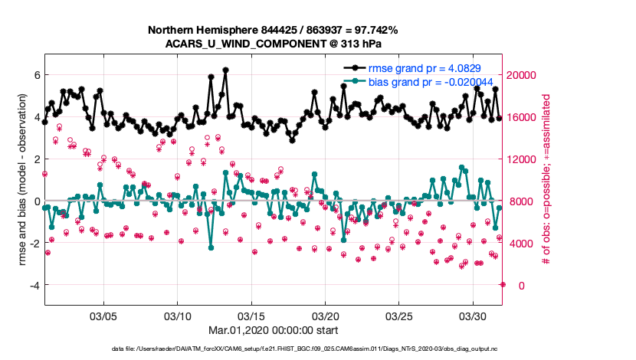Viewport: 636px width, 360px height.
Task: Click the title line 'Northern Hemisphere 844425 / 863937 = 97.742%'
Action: pyautogui.click(x=274, y=29)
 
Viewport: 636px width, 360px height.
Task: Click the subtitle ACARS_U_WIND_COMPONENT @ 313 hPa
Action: pyautogui.click(x=274, y=43)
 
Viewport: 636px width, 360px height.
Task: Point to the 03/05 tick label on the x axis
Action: pyautogui.click(x=103, y=316)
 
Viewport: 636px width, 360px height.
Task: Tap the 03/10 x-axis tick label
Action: pyautogui.click(x=178, y=316)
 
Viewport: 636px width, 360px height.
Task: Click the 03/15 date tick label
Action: pyautogui.click(x=251, y=316)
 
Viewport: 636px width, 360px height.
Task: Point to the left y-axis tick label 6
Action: pyautogui.click(x=35, y=75)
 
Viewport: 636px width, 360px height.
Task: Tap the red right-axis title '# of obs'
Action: pyautogui.click(x=547, y=181)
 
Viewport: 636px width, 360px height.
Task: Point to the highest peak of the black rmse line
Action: pyautogui.click(x=225, y=70)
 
